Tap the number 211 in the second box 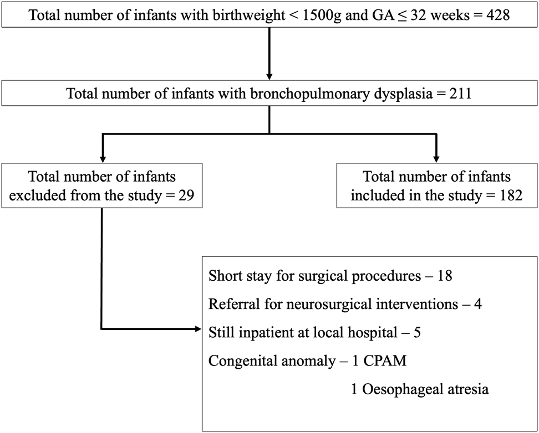pyautogui.click(x=458, y=93)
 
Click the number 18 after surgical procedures pyautogui.click(x=445, y=276)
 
